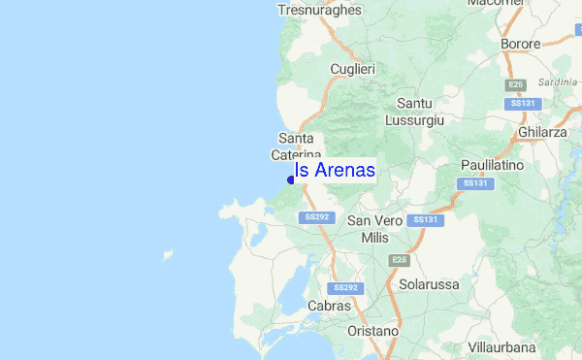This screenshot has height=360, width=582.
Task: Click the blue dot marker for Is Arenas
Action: click(x=291, y=180)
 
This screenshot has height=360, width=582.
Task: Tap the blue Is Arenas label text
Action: click(x=335, y=170)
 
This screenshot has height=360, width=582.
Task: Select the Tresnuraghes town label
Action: click(x=319, y=10)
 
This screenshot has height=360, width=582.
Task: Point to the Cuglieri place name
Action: click(x=352, y=69)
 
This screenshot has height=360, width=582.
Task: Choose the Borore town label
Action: click(x=520, y=44)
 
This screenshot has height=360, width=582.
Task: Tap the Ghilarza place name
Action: click(x=542, y=132)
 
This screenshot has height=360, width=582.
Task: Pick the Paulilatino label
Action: click(x=492, y=166)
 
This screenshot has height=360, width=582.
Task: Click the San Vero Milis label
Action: click(x=373, y=229)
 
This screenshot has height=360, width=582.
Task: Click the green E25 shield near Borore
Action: click(x=515, y=84)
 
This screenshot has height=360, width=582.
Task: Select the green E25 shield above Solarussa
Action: click(x=399, y=260)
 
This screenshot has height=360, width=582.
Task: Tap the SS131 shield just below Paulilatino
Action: click(x=474, y=183)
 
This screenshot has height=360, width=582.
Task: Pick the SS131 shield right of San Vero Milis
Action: click(x=425, y=220)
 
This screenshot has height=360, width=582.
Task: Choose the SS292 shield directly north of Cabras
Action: click(x=345, y=288)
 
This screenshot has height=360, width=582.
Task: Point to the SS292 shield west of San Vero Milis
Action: click(x=316, y=217)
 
